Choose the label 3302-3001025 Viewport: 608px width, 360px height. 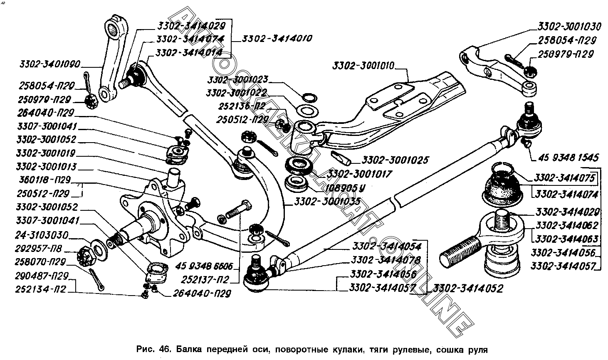pyautogui.click(x=395, y=160)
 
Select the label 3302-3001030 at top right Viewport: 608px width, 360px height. pyautogui.click(x=569, y=27)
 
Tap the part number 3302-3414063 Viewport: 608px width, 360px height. pyautogui.click(x=566, y=239)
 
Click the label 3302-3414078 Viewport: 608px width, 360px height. pyautogui.click(x=386, y=260)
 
